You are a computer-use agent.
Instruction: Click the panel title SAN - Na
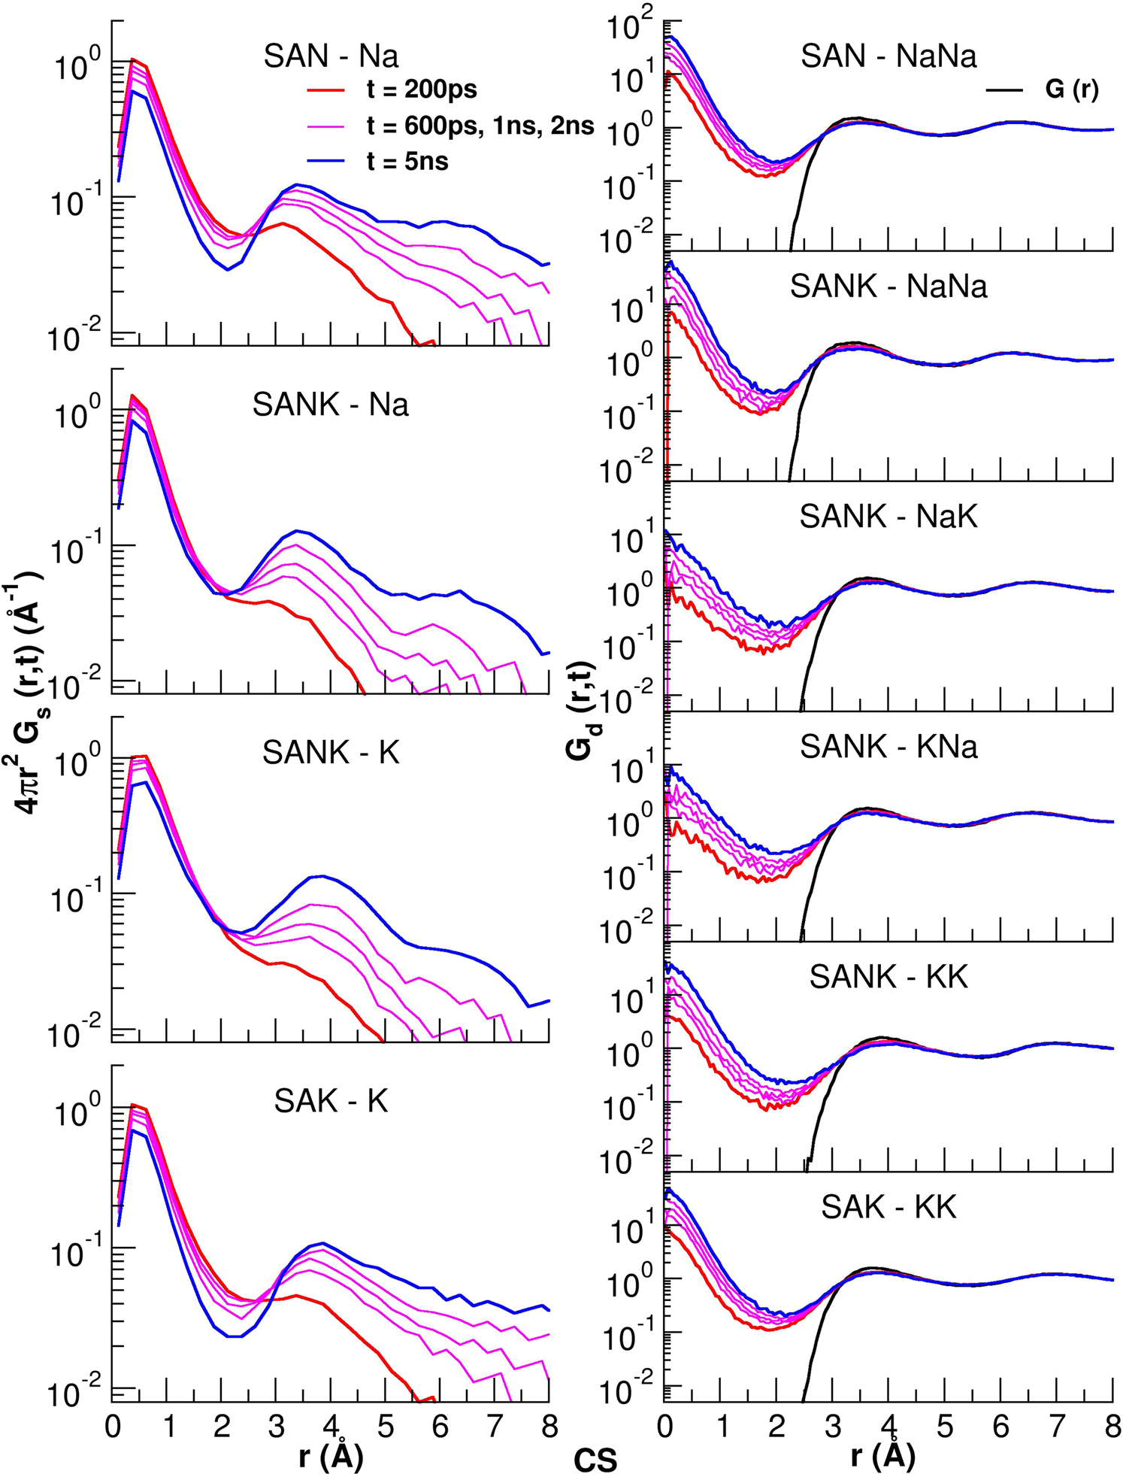coord(331,56)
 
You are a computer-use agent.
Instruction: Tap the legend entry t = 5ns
coord(407,161)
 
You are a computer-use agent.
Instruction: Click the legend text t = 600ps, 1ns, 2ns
coord(480,126)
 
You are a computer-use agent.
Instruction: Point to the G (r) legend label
coord(1071,90)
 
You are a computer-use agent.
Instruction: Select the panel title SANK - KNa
coord(888,747)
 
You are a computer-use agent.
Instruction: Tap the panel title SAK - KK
coord(888,1207)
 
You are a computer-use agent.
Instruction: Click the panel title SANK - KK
coord(888,976)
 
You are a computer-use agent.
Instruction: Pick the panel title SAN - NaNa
coord(888,56)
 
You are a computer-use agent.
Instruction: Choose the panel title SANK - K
coord(331,752)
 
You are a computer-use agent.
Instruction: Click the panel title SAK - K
coord(331,1101)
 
